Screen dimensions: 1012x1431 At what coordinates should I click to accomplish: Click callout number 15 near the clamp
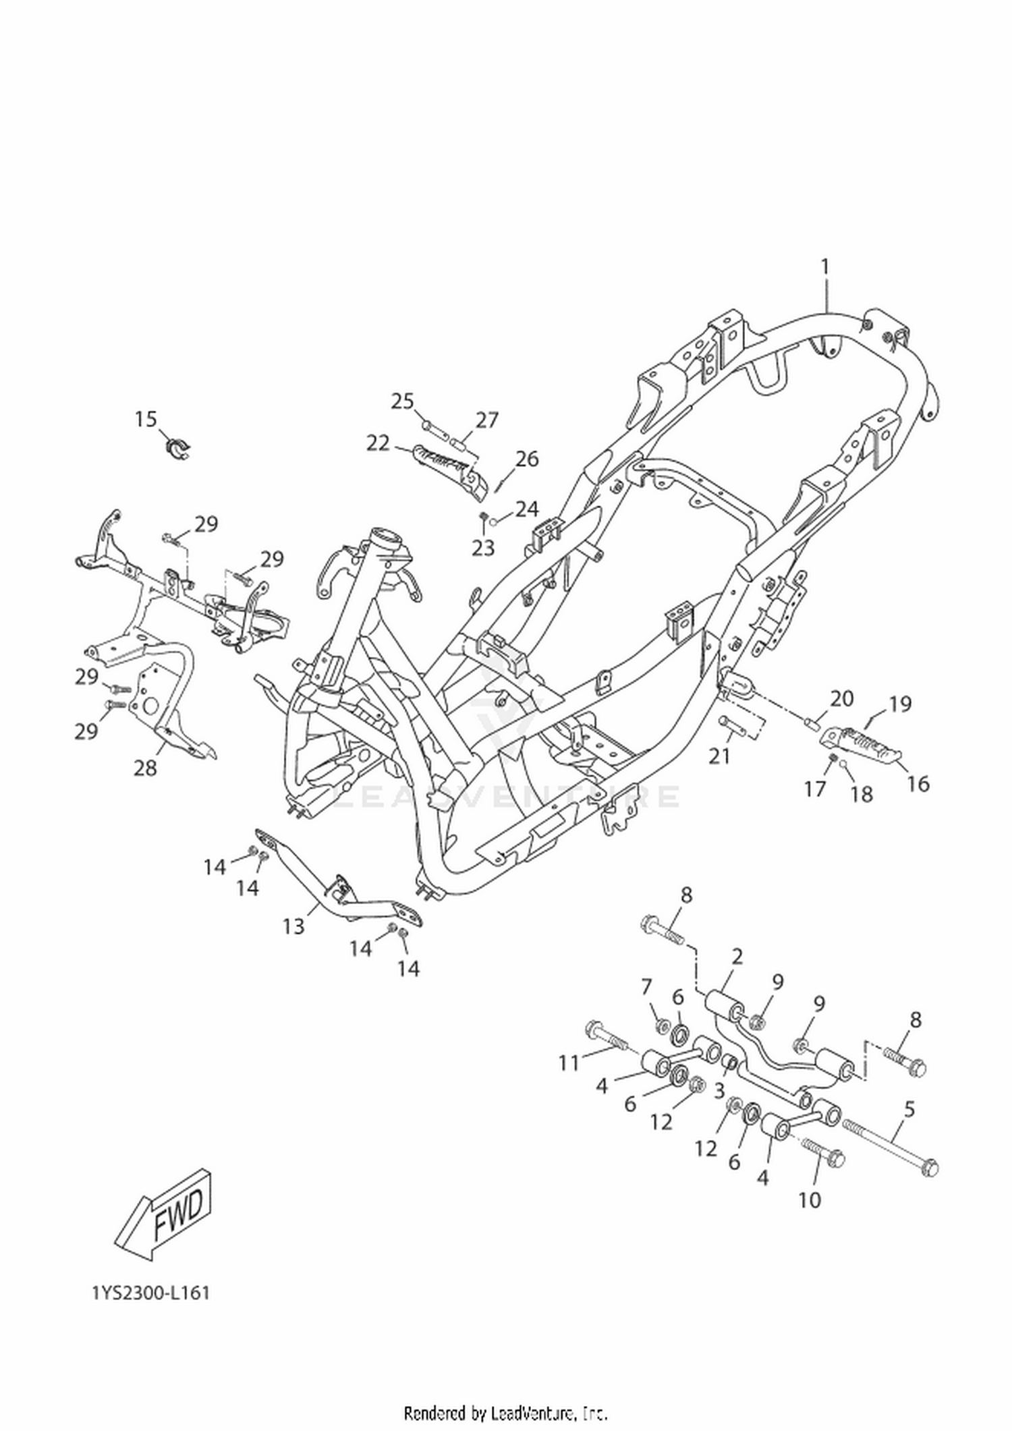tap(145, 419)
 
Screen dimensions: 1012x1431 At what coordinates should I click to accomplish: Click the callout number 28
tap(145, 768)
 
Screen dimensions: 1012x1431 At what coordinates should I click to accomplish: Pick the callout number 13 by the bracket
tap(293, 927)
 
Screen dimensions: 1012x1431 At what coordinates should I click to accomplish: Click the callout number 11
tap(569, 1063)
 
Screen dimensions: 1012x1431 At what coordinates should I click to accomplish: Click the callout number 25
tap(403, 401)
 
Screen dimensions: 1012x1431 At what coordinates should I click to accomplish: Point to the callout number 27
tap(486, 420)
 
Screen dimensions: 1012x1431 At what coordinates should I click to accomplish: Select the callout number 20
tap(841, 698)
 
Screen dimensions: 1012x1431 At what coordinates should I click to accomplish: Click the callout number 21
tap(719, 756)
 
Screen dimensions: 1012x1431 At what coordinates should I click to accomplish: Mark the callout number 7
tap(646, 987)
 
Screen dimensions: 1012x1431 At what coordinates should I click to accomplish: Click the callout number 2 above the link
tap(737, 956)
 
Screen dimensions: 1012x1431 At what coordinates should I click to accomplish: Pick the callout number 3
tap(719, 1090)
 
